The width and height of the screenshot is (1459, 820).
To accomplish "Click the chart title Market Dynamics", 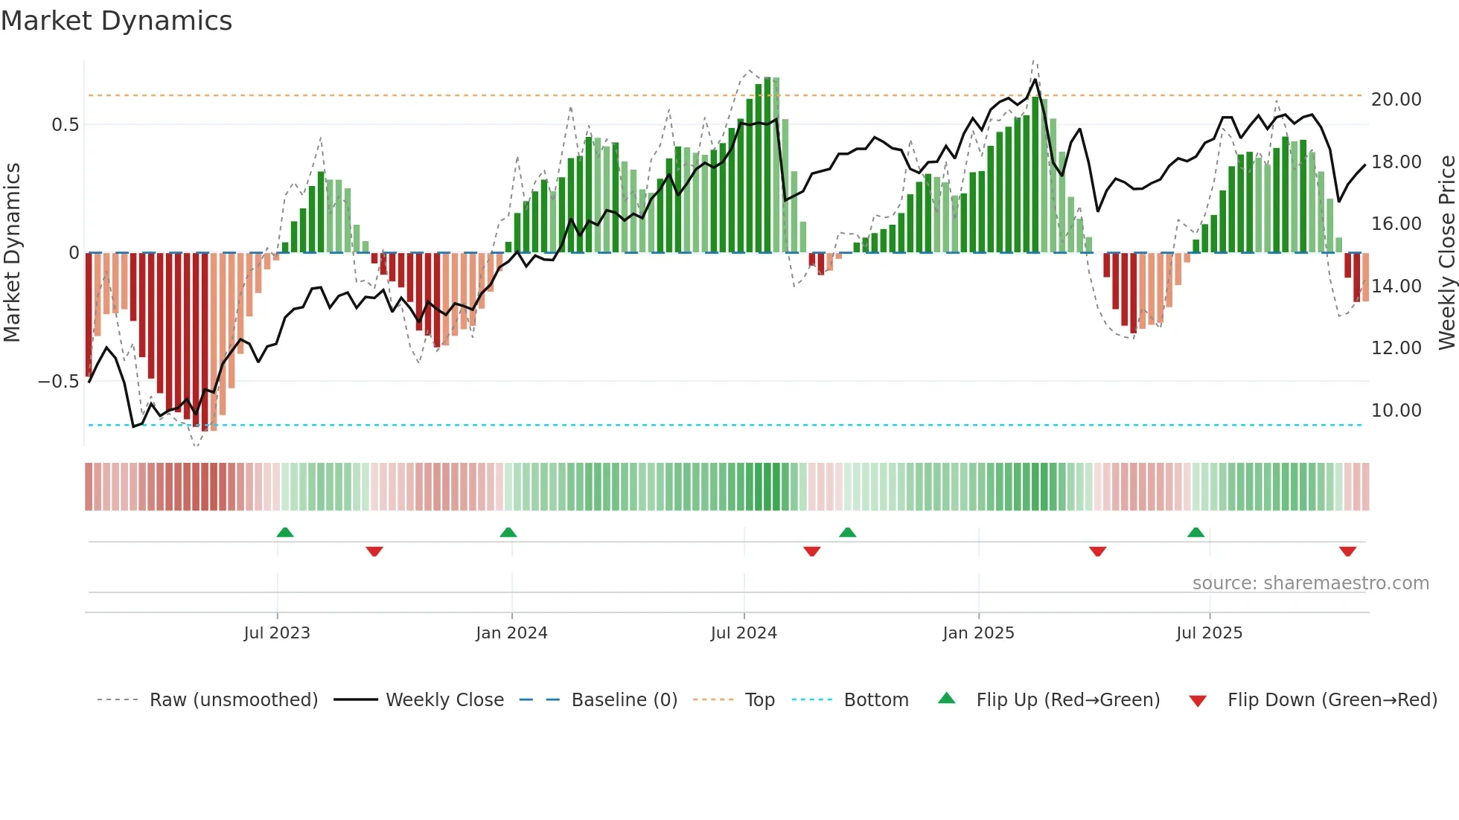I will click(x=116, y=21).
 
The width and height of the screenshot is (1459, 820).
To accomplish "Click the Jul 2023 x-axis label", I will click(x=276, y=633).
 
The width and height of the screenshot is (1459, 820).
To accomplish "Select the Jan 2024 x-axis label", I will click(x=511, y=633).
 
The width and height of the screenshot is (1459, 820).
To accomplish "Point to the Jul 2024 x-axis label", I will click(x=744, y=633).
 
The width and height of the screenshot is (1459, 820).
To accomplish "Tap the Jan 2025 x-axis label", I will click(x=978, y=633).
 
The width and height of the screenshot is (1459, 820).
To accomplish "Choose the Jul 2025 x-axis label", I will click(x=1209, y=633).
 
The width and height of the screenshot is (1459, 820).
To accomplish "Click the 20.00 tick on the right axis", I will click(x=1396, y=100).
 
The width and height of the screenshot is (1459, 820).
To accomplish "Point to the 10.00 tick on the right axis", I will click(x=1396, y=411).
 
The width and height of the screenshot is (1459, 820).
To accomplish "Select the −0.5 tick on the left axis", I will click(x=58, y=382).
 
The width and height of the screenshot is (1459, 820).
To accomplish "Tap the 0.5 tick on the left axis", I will click(x=65, y=125).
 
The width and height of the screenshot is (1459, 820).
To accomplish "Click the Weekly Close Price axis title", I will click(x=1446, y=253).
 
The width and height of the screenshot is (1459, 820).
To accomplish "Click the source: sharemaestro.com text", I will click(x=1310, y=583).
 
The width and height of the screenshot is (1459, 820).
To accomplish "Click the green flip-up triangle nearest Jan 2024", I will click(x=508, y=533).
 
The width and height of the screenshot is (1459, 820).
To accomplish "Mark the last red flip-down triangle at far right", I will click(x=1347, y=551).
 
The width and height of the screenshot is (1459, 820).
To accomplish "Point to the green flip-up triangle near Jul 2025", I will click(x=1195, y=533).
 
